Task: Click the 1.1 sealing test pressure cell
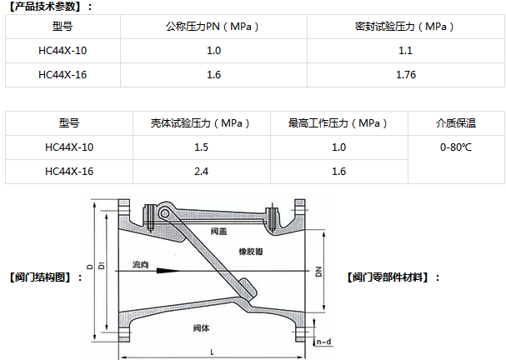point(406,51)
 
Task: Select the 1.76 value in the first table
point(406,75)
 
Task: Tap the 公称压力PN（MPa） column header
point(213,27)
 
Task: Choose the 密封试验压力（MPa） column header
point(405,27)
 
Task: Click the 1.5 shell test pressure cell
point(200,147)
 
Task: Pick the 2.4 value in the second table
point(200,172)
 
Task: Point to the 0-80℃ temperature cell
point(456,147)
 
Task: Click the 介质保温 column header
point(456,123)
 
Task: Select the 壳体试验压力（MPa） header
point(200,123)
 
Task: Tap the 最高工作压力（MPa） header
point(338,123)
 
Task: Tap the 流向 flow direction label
point(140,265)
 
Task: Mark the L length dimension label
point(212,352)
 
